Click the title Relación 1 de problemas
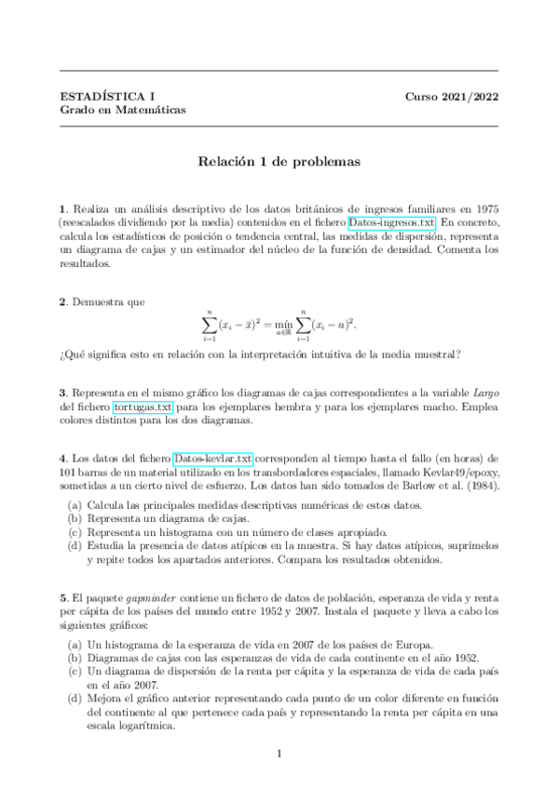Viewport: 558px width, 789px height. (x=279, y=161)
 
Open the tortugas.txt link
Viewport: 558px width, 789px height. (x=143, y=408)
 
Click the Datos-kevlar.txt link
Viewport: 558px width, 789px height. (x=213, y=460)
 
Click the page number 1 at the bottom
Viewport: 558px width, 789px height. (x=279, y=755)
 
